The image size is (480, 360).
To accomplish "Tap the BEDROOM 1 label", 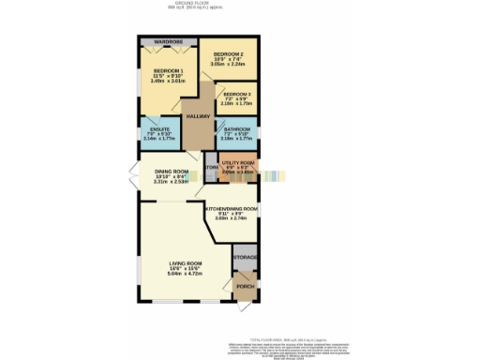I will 169,72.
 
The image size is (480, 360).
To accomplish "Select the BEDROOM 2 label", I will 228,54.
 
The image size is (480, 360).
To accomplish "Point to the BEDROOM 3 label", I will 236,95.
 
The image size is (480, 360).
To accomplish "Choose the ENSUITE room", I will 156,131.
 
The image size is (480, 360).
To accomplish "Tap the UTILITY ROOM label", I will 238,163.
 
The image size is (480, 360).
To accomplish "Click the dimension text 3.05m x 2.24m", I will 228,65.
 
